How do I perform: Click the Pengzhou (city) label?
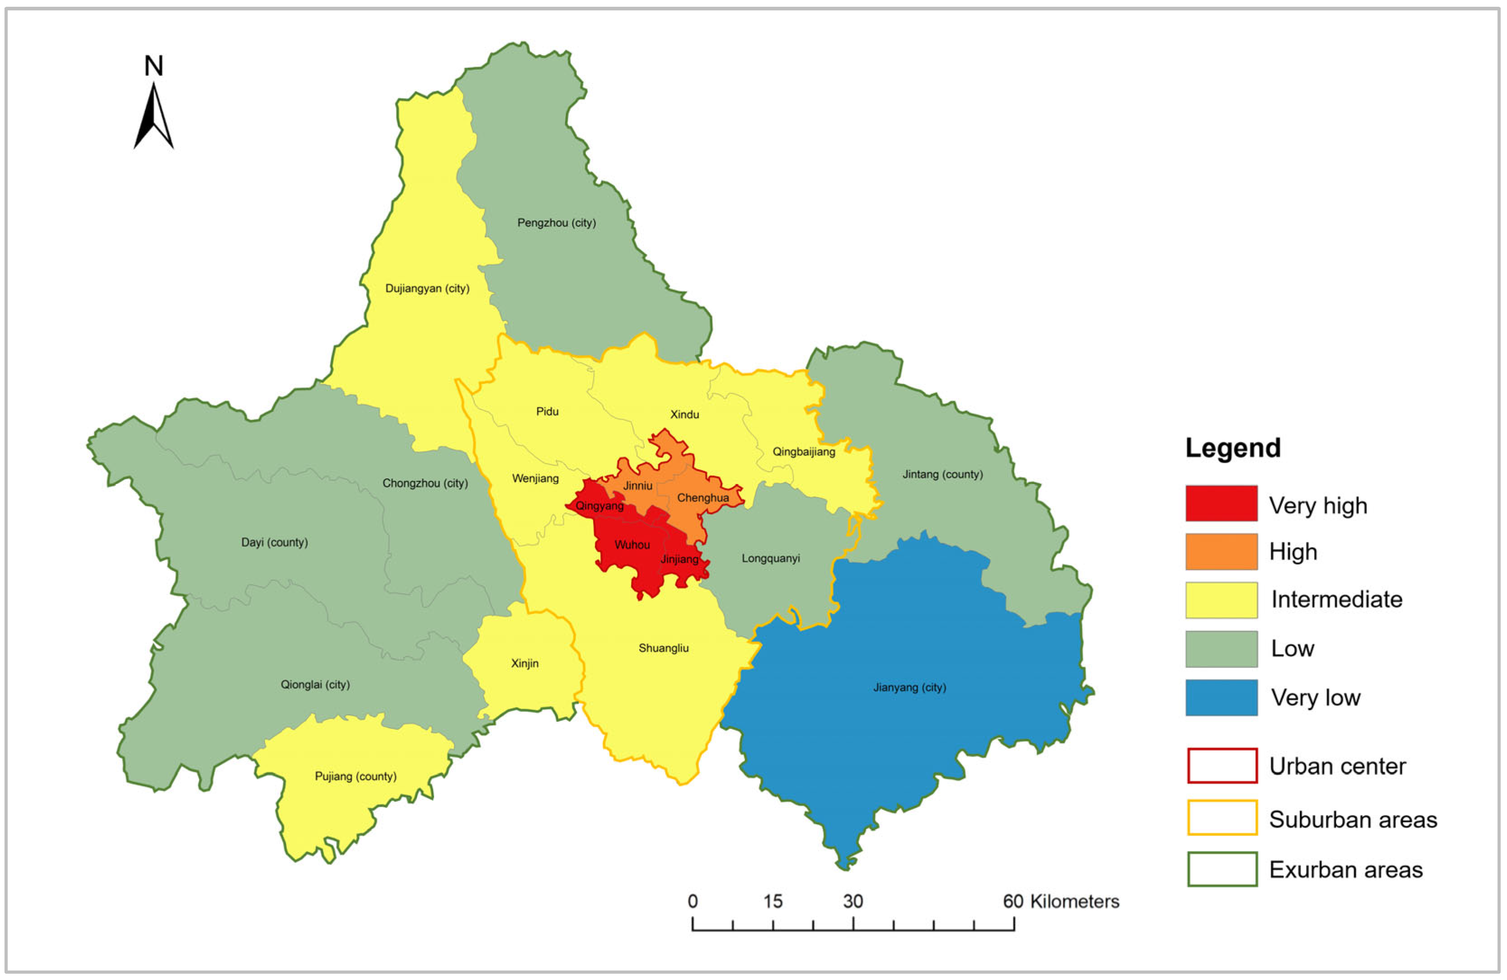coord(556,223)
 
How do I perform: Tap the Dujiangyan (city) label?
coord(427,289)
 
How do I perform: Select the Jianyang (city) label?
coord(909,687)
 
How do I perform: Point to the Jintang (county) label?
coord(942,474)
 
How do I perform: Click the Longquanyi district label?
coord(771,558)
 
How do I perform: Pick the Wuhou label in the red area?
coord(632,545)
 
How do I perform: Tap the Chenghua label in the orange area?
coord(703,498)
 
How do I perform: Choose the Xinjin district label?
coord(524,663)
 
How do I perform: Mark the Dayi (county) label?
coord(274,542)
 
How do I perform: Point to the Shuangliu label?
coord(663,648)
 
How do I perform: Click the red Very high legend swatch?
coord(1221,503)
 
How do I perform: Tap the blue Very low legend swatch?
coord(1221,698)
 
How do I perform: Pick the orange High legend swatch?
coord(1221,551)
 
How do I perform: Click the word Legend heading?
coord(1232,448)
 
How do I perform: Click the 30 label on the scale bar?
coord(852,901)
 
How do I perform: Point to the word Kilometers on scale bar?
coord(1075,901)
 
